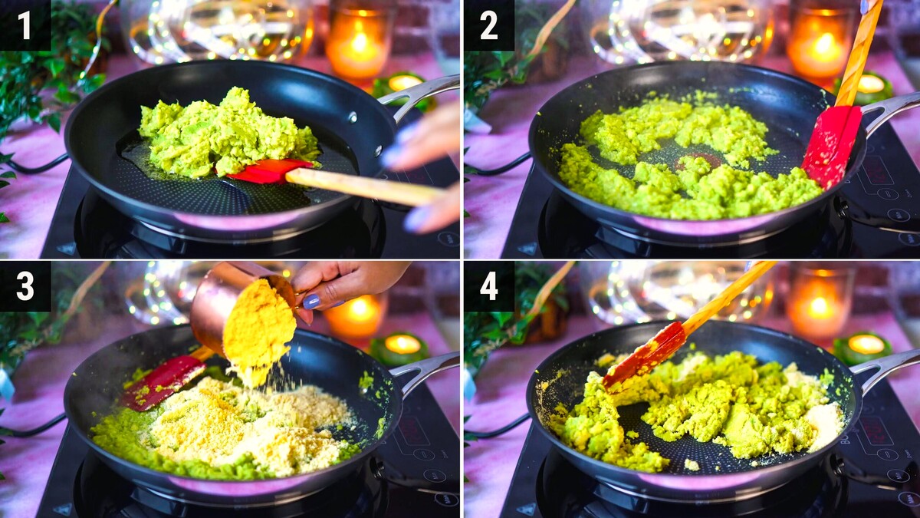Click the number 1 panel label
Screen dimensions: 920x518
(25, 25)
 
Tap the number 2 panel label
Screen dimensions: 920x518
(489, 25)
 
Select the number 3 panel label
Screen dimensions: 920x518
(25, 286)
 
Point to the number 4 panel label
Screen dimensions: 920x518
(489, 286)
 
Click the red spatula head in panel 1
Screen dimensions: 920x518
(269, 170)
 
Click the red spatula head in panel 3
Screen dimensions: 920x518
(163, 382)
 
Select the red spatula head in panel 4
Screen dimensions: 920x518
(644, 356)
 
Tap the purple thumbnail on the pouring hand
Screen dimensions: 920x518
(311, 302)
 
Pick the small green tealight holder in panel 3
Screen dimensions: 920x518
(399, 348)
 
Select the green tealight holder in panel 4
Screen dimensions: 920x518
(863, 348)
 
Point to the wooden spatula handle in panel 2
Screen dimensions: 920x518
(859, 53)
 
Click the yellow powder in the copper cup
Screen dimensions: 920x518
(260, 329)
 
